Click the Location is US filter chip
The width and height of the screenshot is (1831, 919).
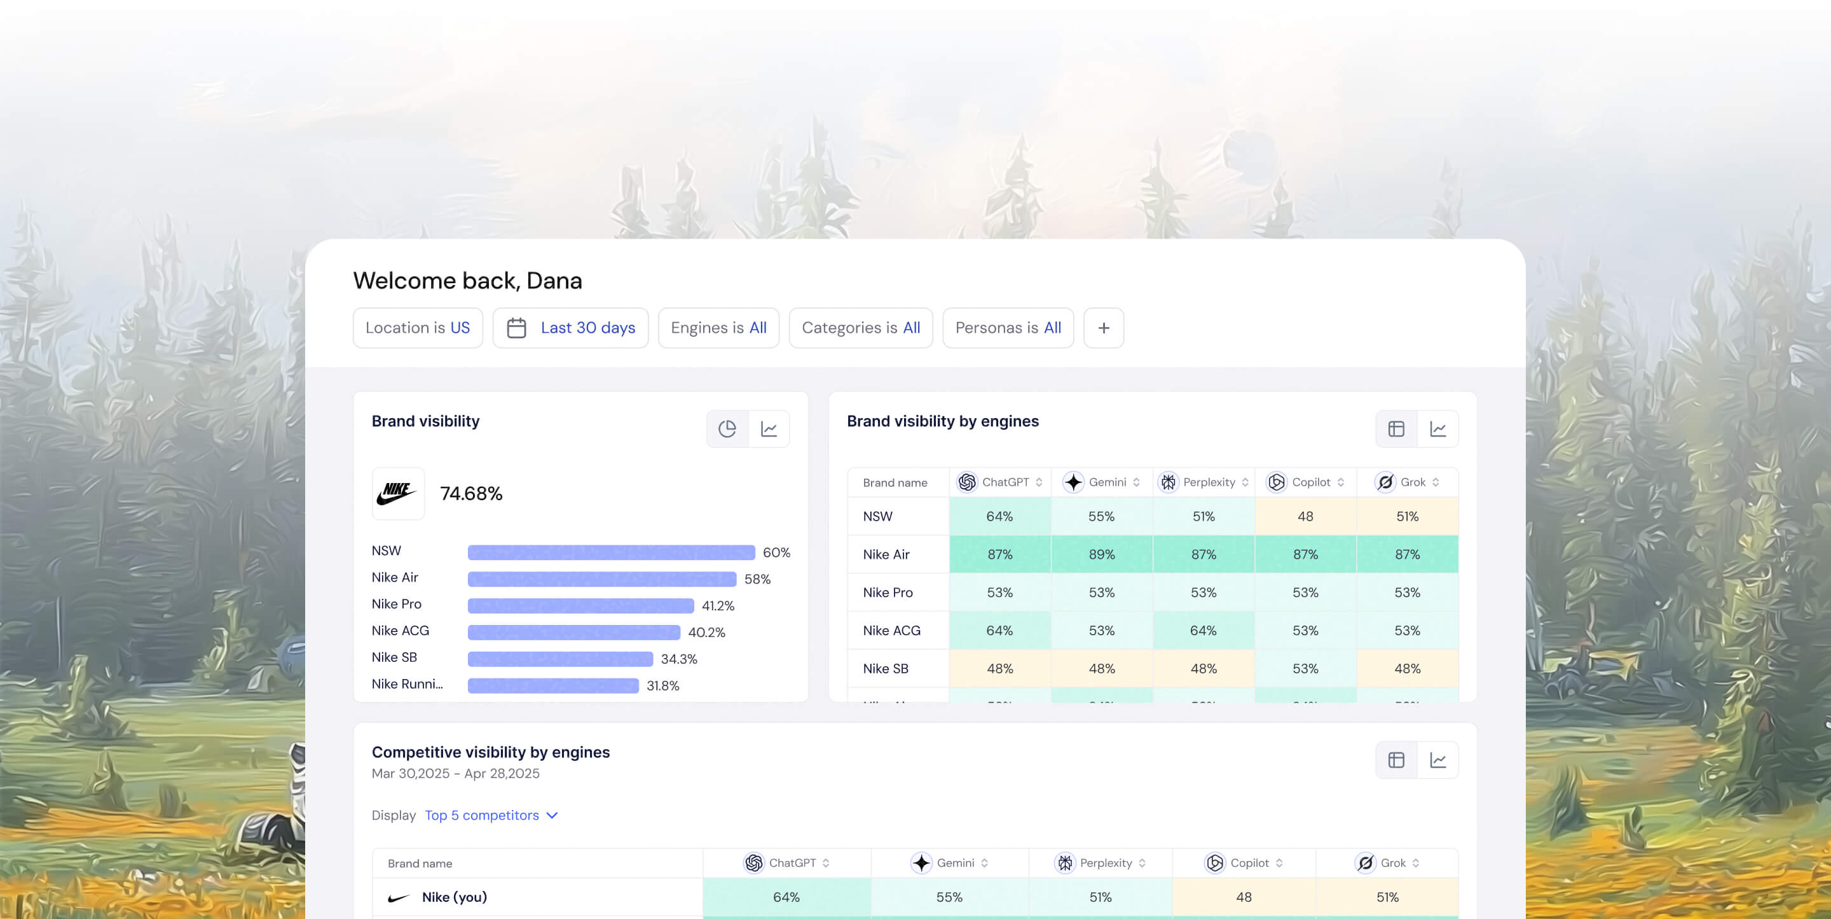coord(417,328)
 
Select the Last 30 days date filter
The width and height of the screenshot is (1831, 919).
coord(570,328)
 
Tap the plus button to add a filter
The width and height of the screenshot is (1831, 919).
coord(1103,328)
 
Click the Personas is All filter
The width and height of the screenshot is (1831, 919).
coord(1007,328)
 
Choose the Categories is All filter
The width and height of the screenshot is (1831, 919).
coord(860,328)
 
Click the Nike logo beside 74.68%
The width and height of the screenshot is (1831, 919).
coord(397,493)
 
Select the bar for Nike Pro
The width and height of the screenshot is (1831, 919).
coord(580,606)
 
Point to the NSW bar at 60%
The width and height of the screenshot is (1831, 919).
coord(610,552)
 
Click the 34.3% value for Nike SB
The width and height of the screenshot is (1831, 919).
coord(678,659)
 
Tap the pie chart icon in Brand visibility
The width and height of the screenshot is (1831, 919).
coord(727,429)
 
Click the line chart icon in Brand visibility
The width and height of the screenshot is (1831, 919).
coord(769,429)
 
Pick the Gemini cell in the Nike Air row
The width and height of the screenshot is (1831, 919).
coord(1101,555)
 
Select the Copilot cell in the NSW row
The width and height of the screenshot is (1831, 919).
coord(1305,516)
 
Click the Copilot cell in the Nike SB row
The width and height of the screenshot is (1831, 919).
coord(1305,669)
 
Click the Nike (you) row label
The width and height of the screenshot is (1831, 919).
coord(453,897)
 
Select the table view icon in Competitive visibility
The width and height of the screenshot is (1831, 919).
coord(1396,761)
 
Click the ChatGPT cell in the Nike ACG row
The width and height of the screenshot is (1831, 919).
coord(999,631)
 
